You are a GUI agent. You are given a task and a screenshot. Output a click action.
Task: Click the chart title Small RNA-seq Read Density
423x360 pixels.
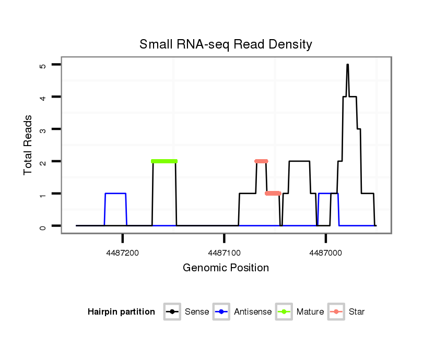tap(226, 44)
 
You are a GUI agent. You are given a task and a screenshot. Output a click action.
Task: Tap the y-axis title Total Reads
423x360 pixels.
tap(28, 145)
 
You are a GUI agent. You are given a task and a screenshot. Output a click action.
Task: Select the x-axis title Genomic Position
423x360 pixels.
tap(226, 268)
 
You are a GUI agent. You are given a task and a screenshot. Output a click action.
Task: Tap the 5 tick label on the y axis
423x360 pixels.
tap(43, 66)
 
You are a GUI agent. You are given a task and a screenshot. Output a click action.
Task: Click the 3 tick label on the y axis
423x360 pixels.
tap(43, 129)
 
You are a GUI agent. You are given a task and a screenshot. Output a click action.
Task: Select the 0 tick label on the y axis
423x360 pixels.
tap(43, 226)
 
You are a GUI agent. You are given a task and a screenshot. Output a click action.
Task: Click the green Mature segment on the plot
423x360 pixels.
tap(164, 161)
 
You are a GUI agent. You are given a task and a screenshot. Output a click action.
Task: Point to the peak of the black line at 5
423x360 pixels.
tap(347, 65)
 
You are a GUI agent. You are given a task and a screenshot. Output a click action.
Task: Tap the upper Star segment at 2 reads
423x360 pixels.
tap(261, 161)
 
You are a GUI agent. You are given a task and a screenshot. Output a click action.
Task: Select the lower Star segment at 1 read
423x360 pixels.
tap(273, 194)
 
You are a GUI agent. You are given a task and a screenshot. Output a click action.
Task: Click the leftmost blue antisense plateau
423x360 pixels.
tap(115, 194)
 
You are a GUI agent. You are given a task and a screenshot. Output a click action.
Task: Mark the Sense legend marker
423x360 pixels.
tap(171, 312)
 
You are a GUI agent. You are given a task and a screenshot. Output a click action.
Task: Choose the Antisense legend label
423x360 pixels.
tap(253, 312)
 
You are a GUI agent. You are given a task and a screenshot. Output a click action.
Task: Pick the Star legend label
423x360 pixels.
tap(357, 312)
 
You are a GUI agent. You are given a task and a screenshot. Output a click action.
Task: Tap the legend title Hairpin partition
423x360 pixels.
tap(121, 312)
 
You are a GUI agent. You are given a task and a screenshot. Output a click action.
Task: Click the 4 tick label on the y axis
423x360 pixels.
tap(43, 97)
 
